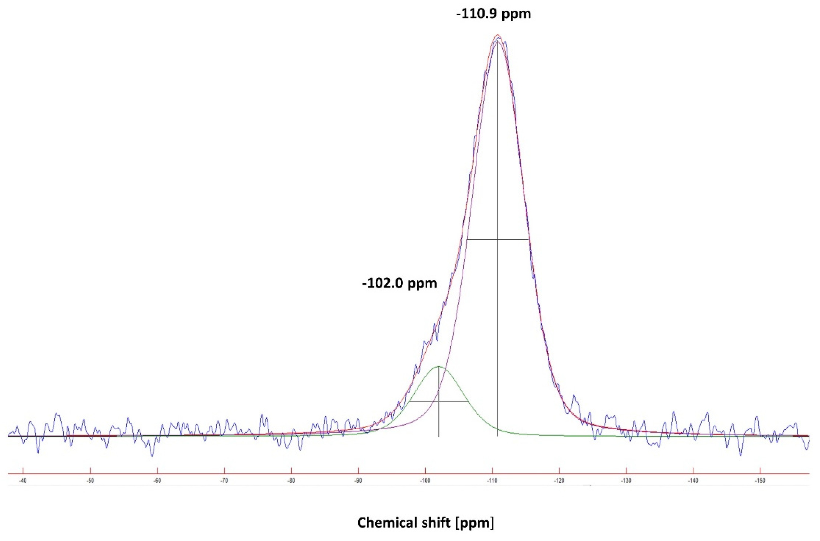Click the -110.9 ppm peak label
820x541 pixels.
[493, 14]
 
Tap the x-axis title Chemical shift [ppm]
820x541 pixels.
[425, 523]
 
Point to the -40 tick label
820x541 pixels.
[23, 481]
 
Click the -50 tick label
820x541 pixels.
[90, 481]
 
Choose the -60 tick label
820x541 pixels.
[157, 481]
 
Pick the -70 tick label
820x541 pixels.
[224, 481]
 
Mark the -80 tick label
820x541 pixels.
[291, 481]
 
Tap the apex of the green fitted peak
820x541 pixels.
[439, 366]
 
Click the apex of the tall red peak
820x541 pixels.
[497, 35]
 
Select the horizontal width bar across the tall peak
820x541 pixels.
[498, 239]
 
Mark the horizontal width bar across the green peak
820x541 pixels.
[439, 401]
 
